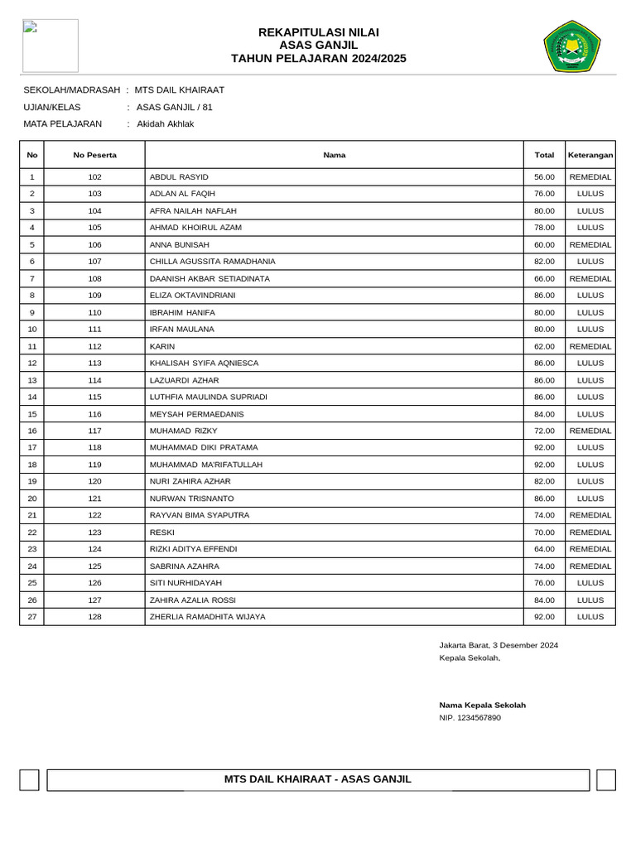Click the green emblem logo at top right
pyautogui.click(x=574, y=46)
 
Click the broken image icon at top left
pyautogui.click(x=31, y=27)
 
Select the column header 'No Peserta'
pyautogui.click(x=94, y=155)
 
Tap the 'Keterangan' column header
pyautogui.click(x=590, y=155)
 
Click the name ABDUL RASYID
pyautogui.click(x=179, y=177)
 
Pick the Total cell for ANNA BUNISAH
pyautogui.click(x=544, y=245)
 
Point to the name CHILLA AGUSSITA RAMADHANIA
pyautogui.click(x=212, y=262)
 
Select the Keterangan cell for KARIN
pyautogui.click(x=590, y=346)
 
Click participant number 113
pyautogui.click(x=94, y=363)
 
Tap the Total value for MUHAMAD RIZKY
pyautogui.click(x=544, y=431)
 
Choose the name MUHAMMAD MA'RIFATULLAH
pyautogui.click(x=205, y=465)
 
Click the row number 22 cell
pyautogui.click(x=31, y=532)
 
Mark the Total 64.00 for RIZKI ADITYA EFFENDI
pyautogui.click(x=544, y=549)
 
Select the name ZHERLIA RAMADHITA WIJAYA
pyautogui.click(x=207, y=617)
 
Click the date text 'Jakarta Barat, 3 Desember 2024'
pyautogui.click(x=498, y=644)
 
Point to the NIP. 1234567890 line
pyautogui.click(x=470, y=718)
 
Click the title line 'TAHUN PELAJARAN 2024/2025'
pyautogui.click(x=319, y=59)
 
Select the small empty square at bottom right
pyautogui.click(x=605, y=780)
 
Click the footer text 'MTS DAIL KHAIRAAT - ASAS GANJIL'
pyautogui.click(x=318, y=779)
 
